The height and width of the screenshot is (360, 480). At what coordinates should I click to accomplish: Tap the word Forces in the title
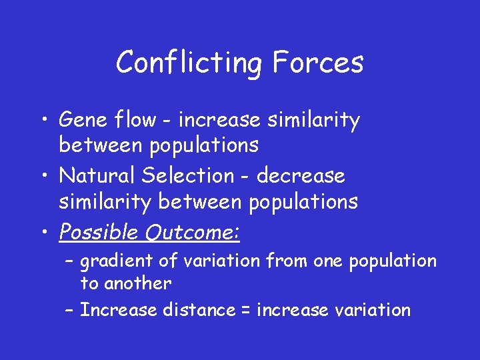317,63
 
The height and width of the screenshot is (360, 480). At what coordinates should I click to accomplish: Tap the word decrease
301,176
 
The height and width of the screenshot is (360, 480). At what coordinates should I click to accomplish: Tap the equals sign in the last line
245,311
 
